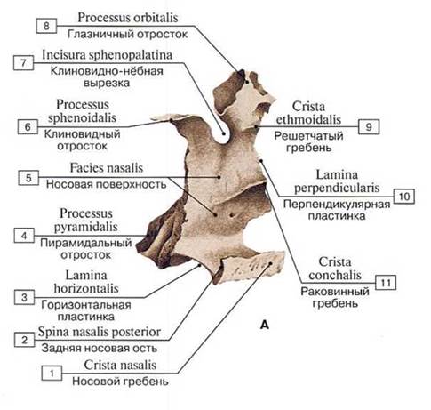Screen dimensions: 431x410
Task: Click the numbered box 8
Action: [46, 26]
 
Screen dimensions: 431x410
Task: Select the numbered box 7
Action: [24, 63]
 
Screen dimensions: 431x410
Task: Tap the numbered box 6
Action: [28, 127]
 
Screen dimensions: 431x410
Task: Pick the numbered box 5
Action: [28, 178]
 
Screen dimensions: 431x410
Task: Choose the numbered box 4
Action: [24, 236]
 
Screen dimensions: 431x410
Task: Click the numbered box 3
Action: [25, 297]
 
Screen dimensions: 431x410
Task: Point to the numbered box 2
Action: [25, 340]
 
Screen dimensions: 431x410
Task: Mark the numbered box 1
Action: [52, 374]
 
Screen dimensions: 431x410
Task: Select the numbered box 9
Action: [369, 127]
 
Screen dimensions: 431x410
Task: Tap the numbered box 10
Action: [404, 197]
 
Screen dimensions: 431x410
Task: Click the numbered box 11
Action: [386, 283]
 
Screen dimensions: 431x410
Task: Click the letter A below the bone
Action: [265, 325]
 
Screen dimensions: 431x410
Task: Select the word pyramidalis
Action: [86, 227]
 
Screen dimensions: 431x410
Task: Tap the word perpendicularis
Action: [337, 188]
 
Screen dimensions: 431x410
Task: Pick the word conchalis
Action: [335, 276]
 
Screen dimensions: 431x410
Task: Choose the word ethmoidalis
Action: [308, 119]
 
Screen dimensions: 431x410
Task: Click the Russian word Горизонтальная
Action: [86, 305]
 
